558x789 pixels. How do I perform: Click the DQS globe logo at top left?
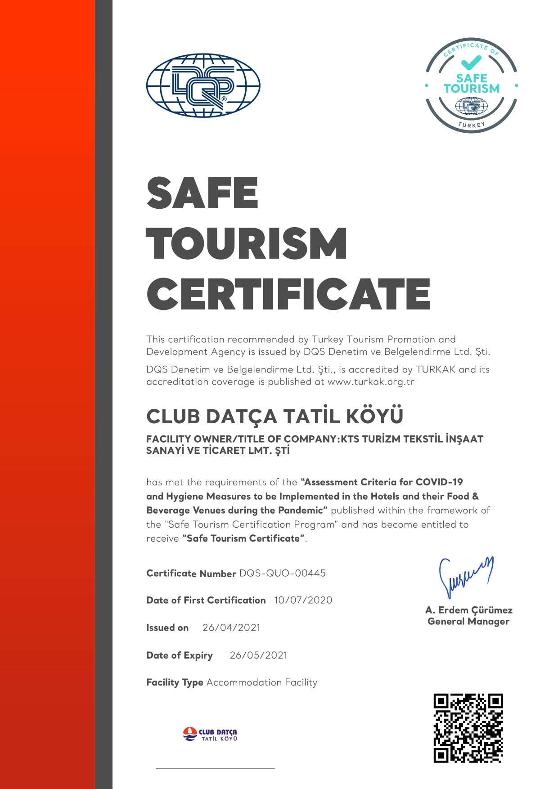pos(203,85)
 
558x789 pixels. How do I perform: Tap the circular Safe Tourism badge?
pos(471,85)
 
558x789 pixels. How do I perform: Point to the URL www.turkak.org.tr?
pos(371,382)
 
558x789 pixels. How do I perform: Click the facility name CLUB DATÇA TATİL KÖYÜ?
pos(274,417)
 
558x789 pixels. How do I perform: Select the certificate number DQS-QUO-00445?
pos(282,573)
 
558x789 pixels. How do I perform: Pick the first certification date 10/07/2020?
pos(303,600)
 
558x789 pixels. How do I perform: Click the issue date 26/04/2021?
pos(231,628)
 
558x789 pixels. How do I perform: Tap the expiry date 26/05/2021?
pos(258,655)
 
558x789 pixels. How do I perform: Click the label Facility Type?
pos(175,682)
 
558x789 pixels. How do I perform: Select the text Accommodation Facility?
pos(261,682)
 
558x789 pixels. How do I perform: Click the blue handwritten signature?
pos(465,576)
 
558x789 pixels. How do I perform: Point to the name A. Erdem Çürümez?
pos(468,610)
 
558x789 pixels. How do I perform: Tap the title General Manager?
pos(468,621)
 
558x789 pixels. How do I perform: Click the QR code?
pos(468,728)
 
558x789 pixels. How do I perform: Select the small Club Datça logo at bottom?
pos(210,734)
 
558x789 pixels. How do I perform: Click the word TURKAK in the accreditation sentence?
pos(436,369)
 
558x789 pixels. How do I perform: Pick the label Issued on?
pos(167,628)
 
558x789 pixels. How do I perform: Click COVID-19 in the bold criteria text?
pos(439,482)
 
